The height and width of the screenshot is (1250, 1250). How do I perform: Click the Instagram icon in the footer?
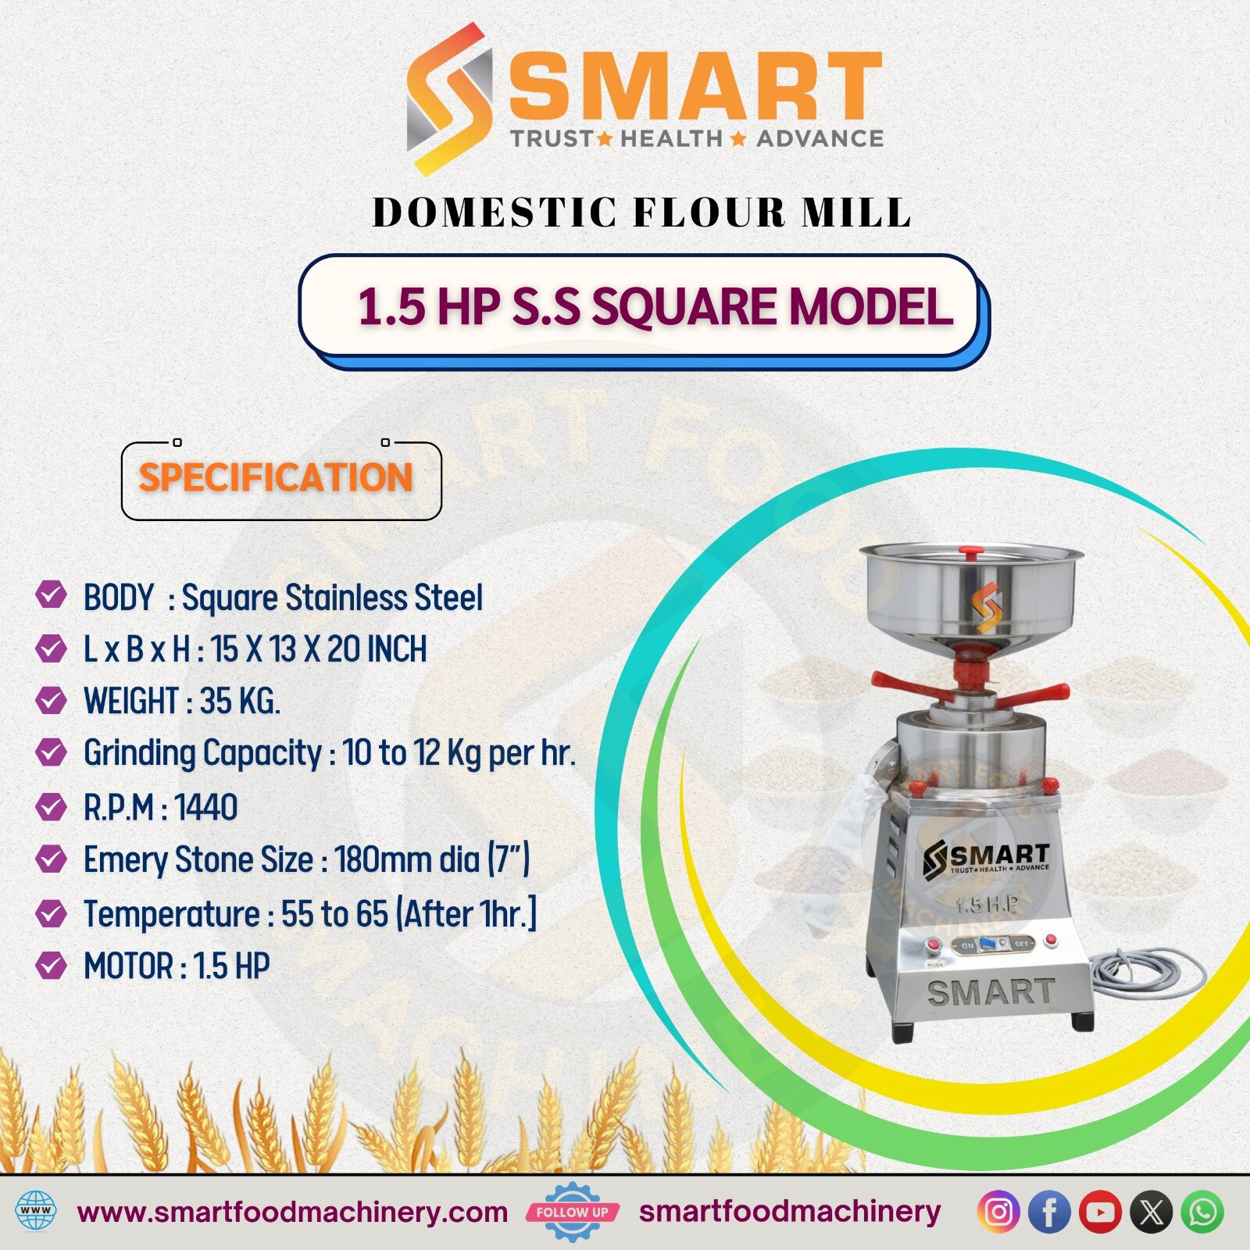pyautogui.click(x=998, y=1212)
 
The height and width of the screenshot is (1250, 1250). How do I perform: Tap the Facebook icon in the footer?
pyautogui.click(x=1048, y=1212)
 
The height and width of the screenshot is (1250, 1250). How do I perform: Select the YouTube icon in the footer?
pyautogui.click(x=1100, y=1212)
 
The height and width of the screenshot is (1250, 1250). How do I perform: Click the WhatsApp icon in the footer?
pyautogui.click(x=1203, y=1212)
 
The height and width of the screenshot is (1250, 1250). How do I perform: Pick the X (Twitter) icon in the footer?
pyautogui.click(x=1152, y=1212)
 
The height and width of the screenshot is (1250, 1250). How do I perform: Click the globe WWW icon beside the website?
pyautogui.click(x=36, y=1212)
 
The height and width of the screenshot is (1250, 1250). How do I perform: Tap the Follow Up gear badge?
pyautogui.click(x=573, y=1212)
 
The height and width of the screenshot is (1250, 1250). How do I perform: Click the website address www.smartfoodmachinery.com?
pyautogui.click(x=293, y=1212)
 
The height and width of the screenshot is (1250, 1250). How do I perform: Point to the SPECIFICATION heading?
pyautogui.click(x=276, y=477)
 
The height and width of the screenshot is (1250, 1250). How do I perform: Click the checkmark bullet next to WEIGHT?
pyautogui.click(x=51, y=700)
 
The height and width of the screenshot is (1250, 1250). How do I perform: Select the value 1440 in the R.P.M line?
pyautogui.click(x=206, y=807)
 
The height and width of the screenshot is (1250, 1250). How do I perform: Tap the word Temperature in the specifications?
pyautogui.click(x=172, y=914)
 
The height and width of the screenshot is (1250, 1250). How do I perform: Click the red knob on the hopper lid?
pyautogui.click(x=972, y=553)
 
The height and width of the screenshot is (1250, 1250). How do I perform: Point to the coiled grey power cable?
pyautogui.click(x=1147, y=973)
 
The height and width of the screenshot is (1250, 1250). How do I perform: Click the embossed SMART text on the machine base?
pyautogui.click(x=991, y=992)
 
